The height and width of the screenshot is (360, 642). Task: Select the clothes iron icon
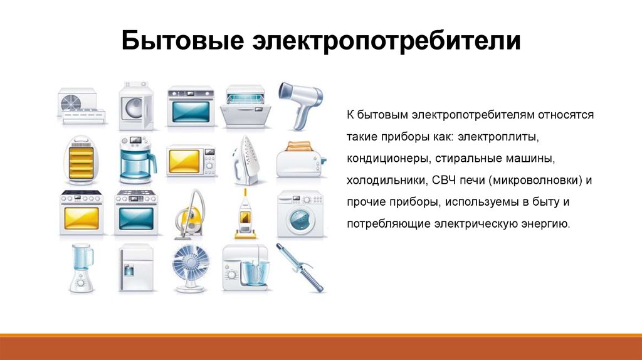point(246,160)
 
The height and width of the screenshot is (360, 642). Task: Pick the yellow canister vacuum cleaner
point(190,214)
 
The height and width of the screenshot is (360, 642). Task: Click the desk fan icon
point(191,268)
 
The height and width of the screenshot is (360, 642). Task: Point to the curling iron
point(300,267)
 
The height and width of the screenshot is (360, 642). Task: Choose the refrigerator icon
point(136,268)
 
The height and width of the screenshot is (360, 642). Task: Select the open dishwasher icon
point(245,106)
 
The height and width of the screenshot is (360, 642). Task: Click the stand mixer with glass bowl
point(246,268)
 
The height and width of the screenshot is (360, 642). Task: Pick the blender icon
point(82,268)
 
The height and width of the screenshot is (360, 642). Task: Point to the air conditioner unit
point(82,106)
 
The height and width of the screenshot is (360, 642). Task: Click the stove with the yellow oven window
point(82,213)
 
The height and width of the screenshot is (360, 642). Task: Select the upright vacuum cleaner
point(246,214)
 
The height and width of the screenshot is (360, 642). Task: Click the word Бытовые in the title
point(182,41)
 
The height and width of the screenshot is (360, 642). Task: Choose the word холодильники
point(386,180)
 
